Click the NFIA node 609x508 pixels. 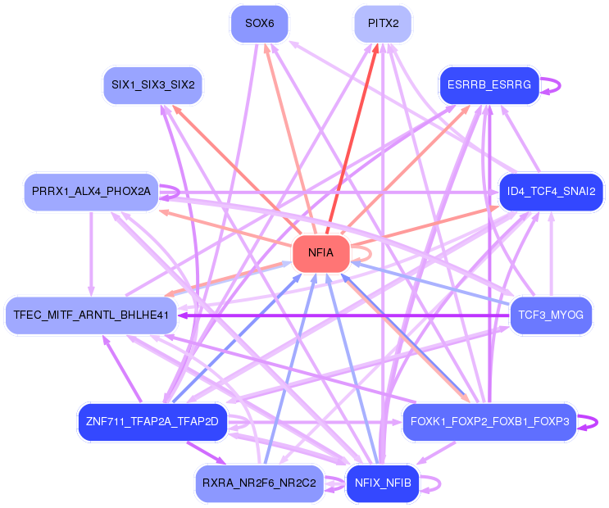click(x=320, y=253)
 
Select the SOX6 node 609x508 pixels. click(x=260, y=24)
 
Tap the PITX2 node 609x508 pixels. click(x=383, y=24)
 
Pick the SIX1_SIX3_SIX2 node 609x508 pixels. click(x=153, y=85)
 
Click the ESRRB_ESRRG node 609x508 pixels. click(x=489, y=85)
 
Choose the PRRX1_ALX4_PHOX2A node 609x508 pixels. click(x=91, y=192)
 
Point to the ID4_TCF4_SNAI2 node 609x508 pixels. click(x=551, y=192)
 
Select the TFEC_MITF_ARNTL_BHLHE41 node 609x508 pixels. click(x=91, y=315)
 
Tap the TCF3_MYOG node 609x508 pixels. click(x=551, y=315)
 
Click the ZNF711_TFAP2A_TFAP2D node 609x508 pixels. click(x=152, y=422)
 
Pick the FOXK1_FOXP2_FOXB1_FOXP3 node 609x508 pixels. click(x=490, y=422)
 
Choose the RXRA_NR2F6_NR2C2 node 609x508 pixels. click(x=260, y=483)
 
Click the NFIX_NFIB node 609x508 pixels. click(x=383, y=483)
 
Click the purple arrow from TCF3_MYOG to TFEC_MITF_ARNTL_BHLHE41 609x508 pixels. click(x=343, y=315)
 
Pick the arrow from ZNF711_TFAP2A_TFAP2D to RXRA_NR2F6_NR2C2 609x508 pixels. click(x=207, y=453)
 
